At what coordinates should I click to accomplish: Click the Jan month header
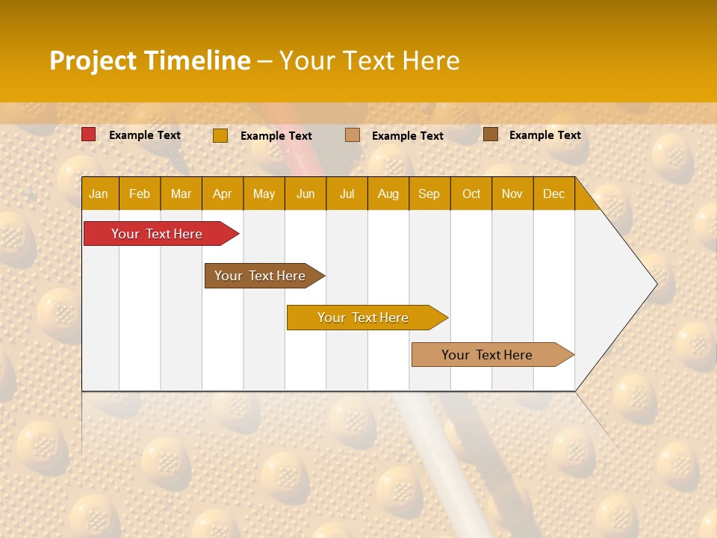[99, 194]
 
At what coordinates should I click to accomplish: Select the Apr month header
[222, 194]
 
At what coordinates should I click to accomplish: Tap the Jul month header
[347, 194]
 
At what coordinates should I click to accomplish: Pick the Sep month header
[429, 194]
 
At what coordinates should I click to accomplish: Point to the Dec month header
[553, 194]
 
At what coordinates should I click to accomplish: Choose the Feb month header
[140, 194]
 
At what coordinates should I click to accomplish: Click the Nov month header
[512, 194]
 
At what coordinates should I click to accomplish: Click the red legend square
[88, 134]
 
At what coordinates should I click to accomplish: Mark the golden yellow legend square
[220, 135]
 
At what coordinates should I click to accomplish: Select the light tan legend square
[353, 135]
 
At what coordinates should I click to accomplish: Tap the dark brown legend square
[490, 134]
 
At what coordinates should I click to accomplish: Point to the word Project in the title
[93, 61]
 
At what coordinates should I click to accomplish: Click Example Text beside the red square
[145, 135]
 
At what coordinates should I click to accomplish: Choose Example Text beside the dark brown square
[545, 135]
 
